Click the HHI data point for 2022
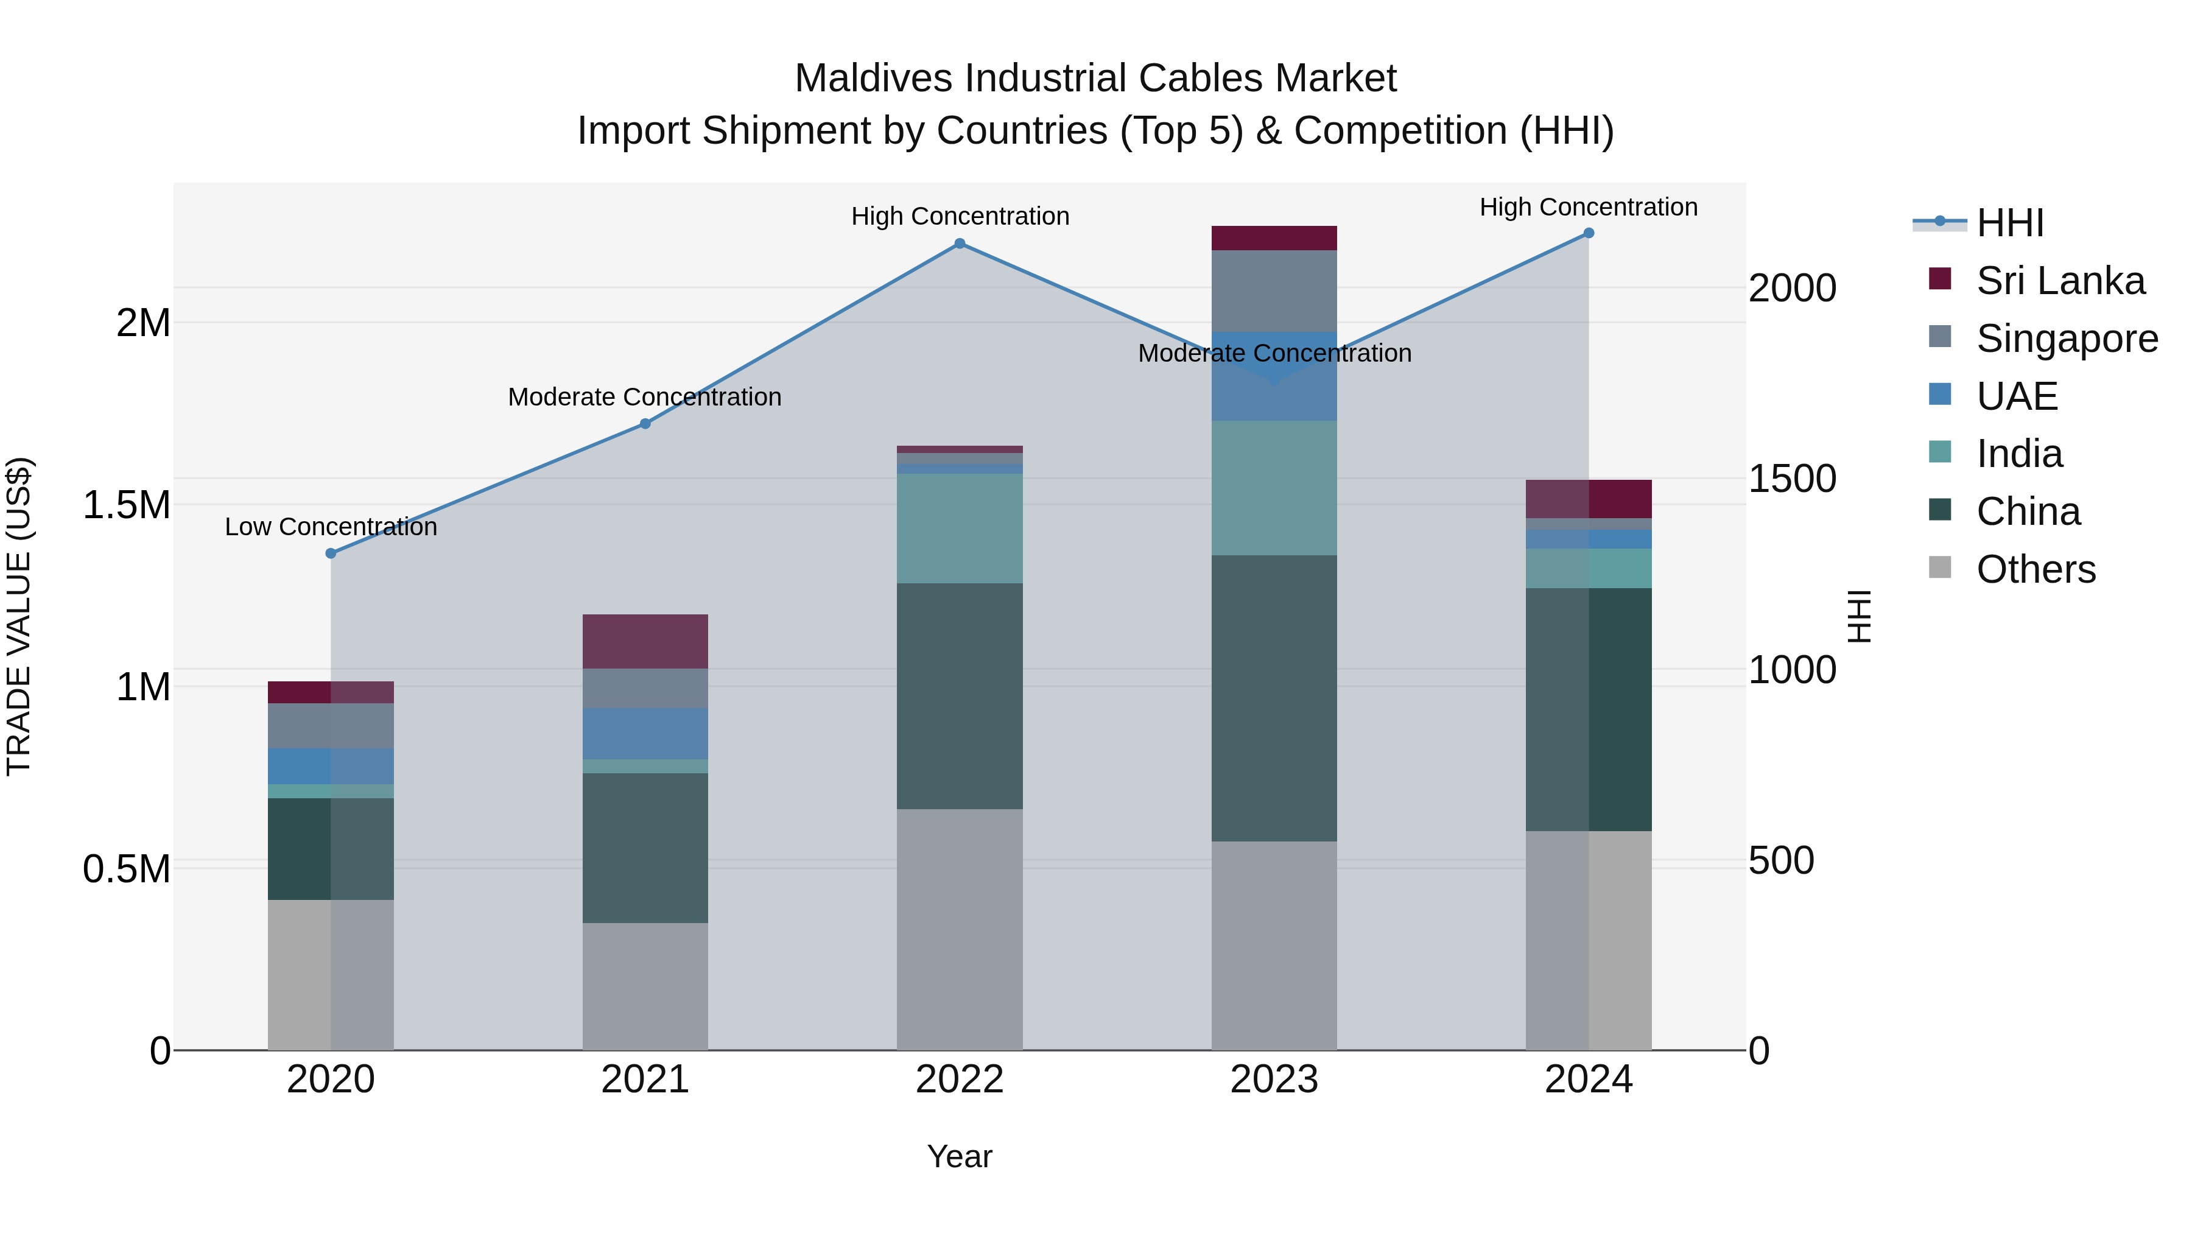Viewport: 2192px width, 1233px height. (959, 244)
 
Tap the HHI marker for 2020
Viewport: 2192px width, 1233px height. (331, 553)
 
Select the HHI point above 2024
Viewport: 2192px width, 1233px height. (1588, 233)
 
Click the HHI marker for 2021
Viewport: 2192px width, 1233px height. (645, 424)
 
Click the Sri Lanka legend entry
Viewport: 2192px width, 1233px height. (2060, 281)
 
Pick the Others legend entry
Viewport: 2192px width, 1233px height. (2036, 569)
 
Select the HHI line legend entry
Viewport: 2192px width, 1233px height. (2010, 223)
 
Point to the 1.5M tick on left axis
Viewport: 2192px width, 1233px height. (126, 505)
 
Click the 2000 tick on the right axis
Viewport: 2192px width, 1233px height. (1792, 289)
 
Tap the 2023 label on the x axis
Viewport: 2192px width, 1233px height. (1274, 1080)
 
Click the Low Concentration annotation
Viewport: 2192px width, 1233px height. (331, 527)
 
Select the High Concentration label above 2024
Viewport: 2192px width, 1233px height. (1588, 207)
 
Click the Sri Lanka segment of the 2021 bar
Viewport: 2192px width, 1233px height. (645, 641)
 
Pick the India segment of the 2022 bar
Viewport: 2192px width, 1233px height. (959, 527)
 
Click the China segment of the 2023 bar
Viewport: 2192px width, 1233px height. (1274, 698)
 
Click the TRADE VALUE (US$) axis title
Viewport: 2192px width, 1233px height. (19, 616)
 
